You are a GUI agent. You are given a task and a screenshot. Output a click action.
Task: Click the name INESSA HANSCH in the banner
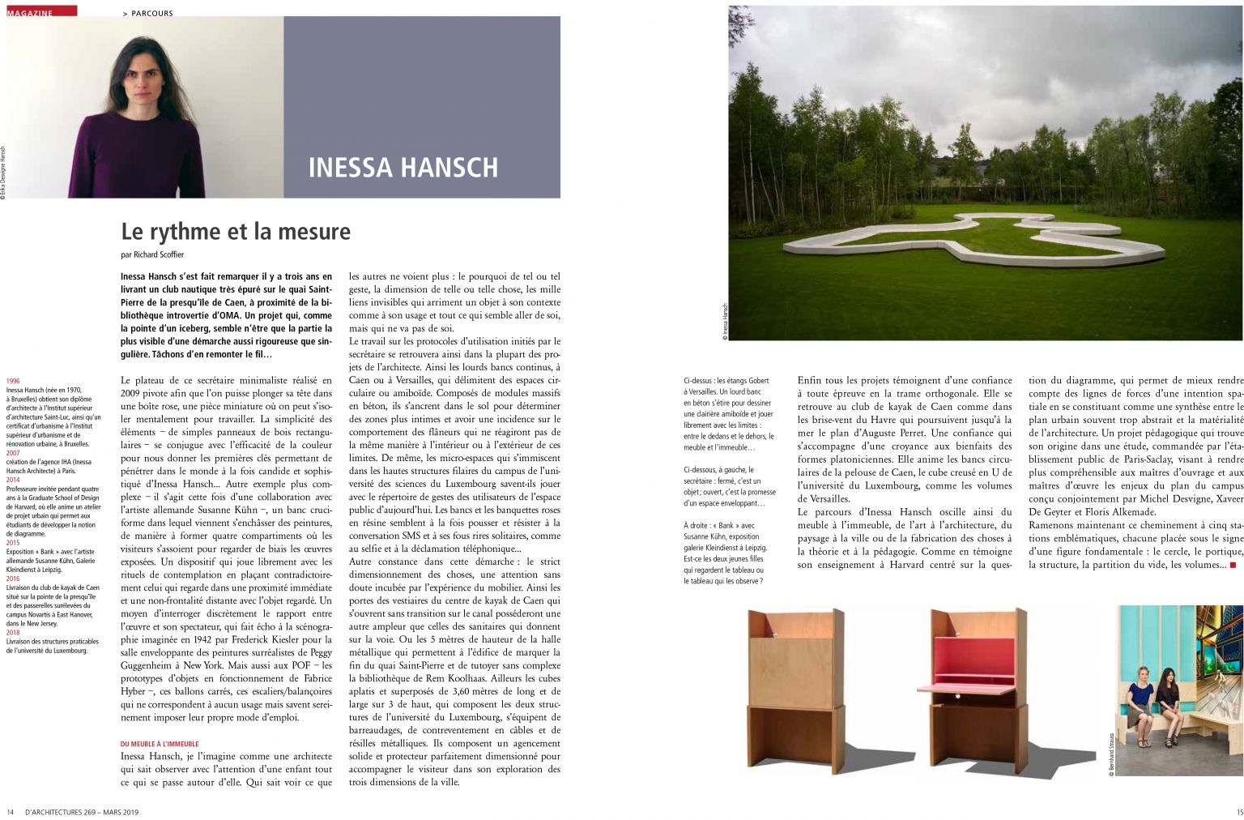point(403,167)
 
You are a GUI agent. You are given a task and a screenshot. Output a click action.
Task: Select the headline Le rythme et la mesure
point(236,232)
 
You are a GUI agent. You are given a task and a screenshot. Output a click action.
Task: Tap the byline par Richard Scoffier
point(152,254)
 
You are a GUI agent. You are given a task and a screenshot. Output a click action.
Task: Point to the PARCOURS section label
point(152,13)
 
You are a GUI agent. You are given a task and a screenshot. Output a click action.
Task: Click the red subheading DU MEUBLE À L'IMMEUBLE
point(160,744)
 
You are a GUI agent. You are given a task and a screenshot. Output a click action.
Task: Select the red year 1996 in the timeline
point(13,380)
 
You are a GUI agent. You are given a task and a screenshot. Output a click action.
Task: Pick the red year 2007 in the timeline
point(13,453)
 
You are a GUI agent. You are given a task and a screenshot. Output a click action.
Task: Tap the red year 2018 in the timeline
point(13,632)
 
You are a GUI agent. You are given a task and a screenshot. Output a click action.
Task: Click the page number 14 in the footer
point(10,812)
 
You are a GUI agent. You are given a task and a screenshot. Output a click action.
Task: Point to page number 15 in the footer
point(1239,812)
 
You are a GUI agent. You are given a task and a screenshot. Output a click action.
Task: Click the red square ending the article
point(1233,565)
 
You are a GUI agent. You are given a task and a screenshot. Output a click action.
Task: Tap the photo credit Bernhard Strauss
point(1111,754)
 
